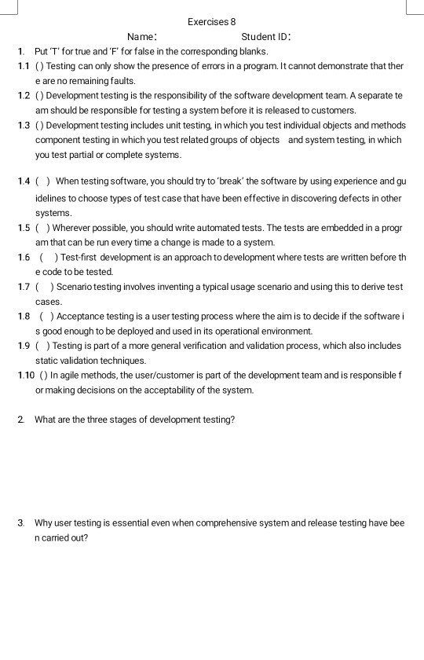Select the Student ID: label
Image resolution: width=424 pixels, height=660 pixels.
(x=267, y=37)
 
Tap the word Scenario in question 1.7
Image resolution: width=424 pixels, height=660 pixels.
(x=73, y=287)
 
